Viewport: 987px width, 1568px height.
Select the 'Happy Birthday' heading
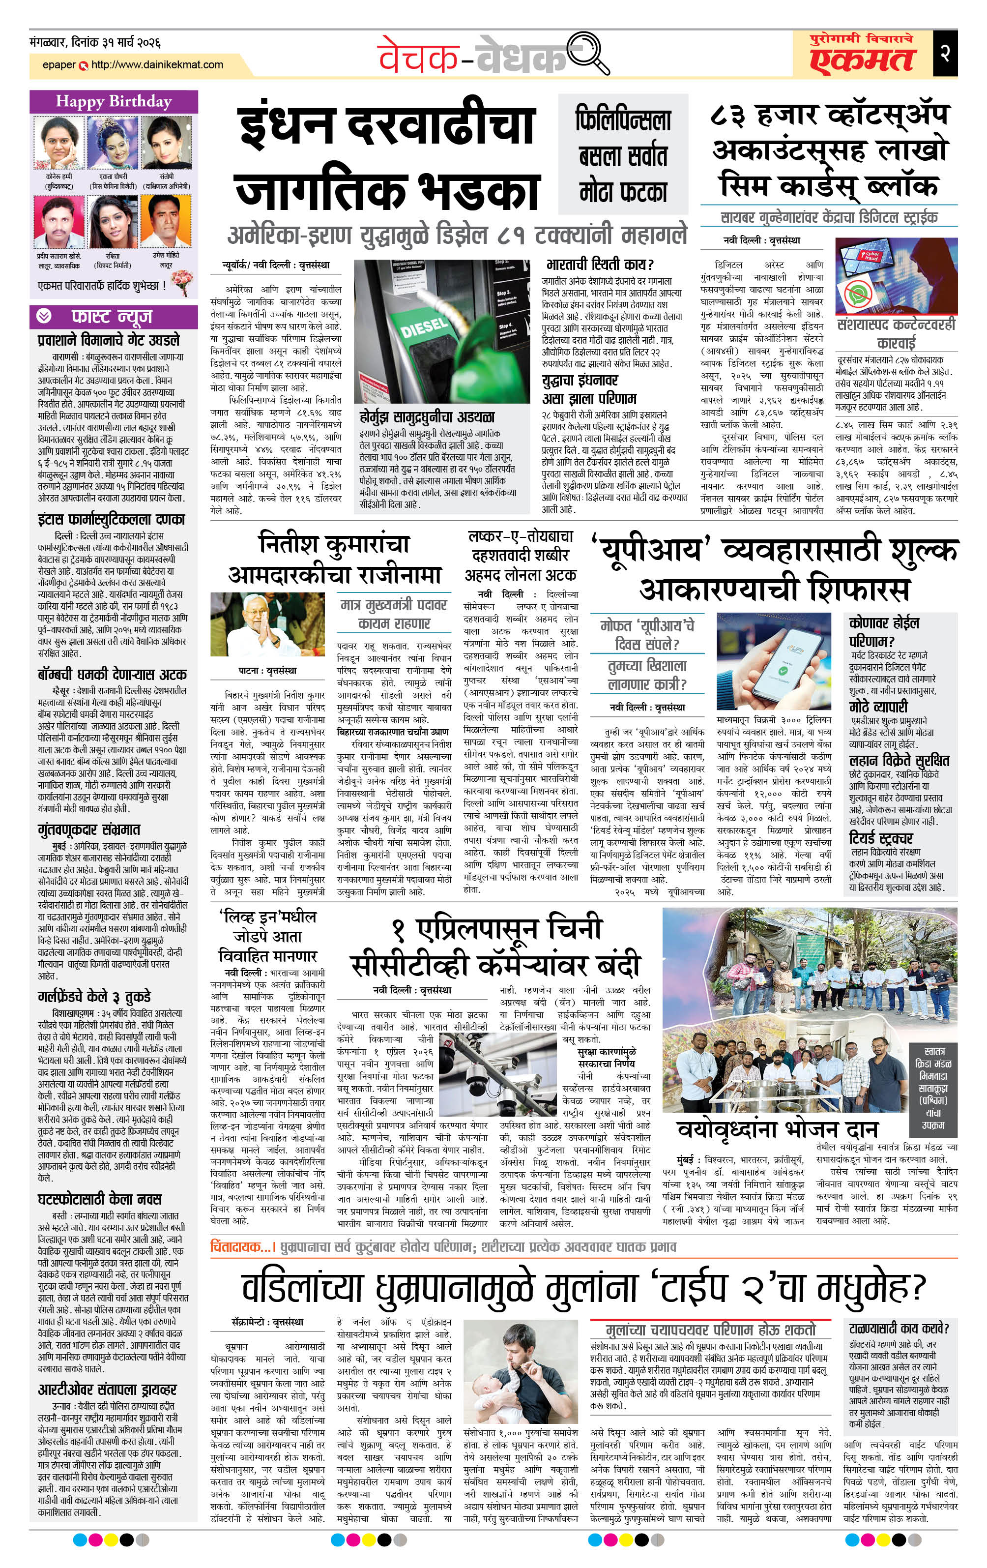pos(114,102)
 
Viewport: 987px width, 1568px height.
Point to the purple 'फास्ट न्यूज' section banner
pos(114,317)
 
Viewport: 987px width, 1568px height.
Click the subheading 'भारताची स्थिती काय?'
pos(599,265)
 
